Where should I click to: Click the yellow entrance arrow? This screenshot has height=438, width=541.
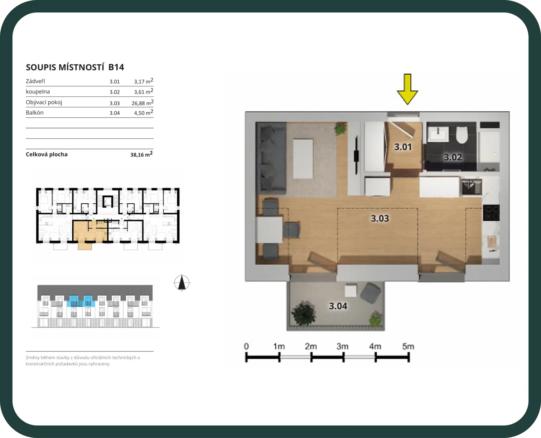tap(407, 89)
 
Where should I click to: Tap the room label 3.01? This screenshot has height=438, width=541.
tap(403, 147)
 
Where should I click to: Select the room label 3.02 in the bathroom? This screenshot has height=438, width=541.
tap(453, 157)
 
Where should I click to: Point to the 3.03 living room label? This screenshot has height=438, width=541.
tap(380, 218)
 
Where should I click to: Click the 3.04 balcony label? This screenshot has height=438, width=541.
tap(338, 306)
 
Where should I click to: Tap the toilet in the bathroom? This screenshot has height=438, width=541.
tap(462, 135)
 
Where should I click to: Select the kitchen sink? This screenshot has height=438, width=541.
tap(471, 187)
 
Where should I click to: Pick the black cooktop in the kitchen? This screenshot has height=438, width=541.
tap(491, 213)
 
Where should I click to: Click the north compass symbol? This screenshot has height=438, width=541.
tap(182, 283)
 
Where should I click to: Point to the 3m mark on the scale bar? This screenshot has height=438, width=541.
tap(342, 346)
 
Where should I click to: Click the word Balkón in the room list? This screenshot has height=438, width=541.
tap(35, 113)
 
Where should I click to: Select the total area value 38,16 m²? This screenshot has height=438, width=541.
tap(142, 154)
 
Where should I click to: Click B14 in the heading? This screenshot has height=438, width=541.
tap(116, 67)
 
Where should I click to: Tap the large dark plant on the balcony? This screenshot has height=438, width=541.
tap(304, 313)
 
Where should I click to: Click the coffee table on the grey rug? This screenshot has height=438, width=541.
tap(303, 159)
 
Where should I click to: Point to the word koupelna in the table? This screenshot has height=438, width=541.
tap(38, 92)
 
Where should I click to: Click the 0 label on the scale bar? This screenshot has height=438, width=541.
tap(246, 346)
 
